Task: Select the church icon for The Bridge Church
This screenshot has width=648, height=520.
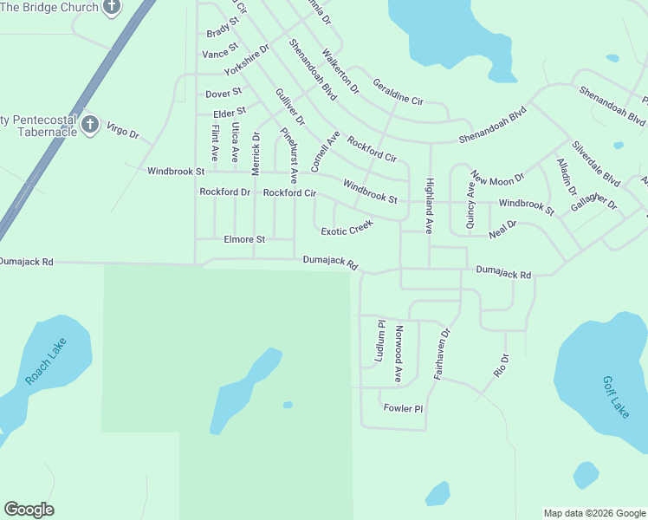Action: (111, 8)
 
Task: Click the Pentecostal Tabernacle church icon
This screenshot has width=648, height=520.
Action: (89, 126)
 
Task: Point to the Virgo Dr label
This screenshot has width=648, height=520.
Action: (122, 132)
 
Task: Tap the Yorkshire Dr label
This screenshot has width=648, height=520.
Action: (247, 59)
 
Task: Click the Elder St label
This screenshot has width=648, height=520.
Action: (230, 112)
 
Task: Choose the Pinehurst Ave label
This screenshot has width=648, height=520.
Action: (289, 149)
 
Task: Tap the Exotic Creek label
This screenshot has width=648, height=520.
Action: (347, 228)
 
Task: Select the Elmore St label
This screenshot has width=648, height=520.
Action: (244, 239)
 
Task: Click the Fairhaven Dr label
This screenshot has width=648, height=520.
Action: (443, 354)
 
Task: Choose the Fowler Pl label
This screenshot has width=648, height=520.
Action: (402, 408)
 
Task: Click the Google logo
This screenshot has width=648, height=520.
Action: (29, 510)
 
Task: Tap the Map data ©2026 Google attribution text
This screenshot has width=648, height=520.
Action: (593, 513)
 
